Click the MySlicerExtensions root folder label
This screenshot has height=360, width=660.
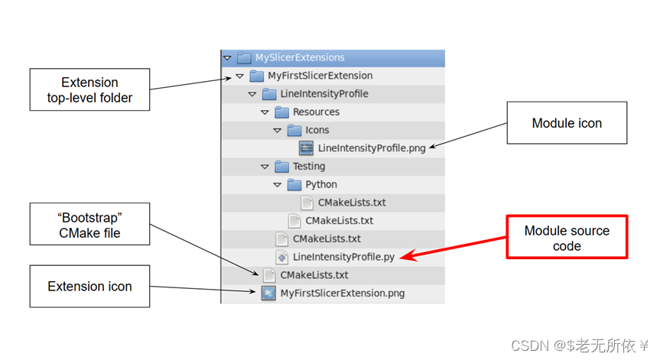(300, 57)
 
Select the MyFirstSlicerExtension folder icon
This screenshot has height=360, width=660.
(256, 76)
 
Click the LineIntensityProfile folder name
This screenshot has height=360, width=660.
(324, 94)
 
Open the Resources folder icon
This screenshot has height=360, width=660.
(281, 112)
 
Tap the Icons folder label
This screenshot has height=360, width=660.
(317, 130)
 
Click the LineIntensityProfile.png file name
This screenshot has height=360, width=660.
(372, 148)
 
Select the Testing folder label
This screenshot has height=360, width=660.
(309, 166)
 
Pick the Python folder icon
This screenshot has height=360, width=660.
(294, 184)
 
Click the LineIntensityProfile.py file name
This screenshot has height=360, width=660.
(343, 257)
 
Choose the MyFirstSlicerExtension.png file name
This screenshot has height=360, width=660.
(343, 293)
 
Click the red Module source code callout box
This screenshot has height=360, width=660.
(567, 238)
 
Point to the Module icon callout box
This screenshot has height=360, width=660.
(567, 123)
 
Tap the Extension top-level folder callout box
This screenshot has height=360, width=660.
(89, 89)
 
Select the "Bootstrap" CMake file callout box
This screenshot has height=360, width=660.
(89, 224)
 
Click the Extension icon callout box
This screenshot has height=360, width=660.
(89, 287)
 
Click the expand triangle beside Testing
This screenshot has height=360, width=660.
(265, 167)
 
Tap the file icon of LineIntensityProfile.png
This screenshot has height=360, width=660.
(306, 148)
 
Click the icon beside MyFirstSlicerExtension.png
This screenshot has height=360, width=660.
(268, 293)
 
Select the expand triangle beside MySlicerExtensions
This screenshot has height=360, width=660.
(226, 57)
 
